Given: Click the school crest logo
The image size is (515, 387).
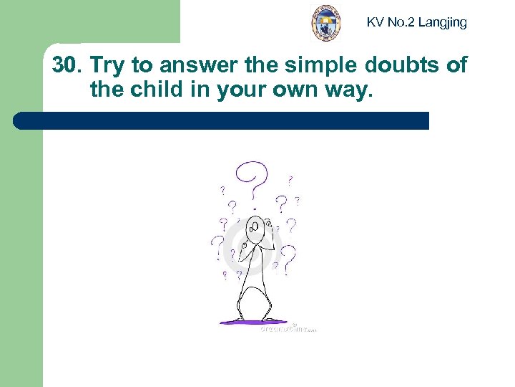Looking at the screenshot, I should [x=326, y=23].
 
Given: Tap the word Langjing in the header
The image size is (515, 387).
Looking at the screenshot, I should [x=442, y=22].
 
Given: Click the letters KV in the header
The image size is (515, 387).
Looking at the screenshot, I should [x=375, y=22].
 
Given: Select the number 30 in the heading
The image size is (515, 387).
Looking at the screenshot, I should [x=65, y=66].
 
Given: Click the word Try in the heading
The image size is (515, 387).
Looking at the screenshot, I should [x=108, y=66].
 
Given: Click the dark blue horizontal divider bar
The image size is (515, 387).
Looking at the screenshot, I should [x=222, y=120].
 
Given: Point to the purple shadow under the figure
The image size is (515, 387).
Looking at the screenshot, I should [x=253, y=322].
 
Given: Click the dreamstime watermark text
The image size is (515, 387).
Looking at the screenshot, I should [x=286, y=328].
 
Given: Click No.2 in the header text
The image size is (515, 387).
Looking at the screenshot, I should [x=401, y=22].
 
